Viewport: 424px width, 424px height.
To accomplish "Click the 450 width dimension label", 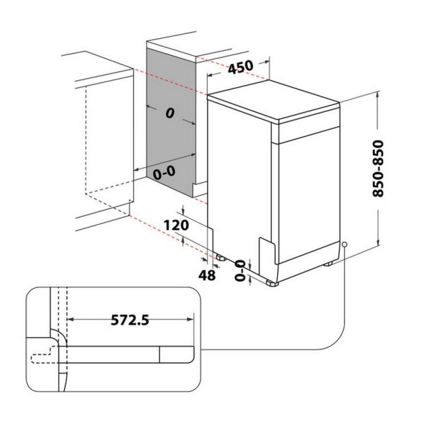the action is (x=241, y=67).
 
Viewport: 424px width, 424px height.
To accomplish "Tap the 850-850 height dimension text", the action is (x=378, y=168).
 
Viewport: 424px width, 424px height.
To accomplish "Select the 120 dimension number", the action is (x=176, y=225).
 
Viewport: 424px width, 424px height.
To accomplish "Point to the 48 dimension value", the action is (x=207, y=275).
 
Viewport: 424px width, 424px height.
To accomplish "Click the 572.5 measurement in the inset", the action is (x=130, y=320).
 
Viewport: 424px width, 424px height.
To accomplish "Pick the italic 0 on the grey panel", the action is (x=170, y=113).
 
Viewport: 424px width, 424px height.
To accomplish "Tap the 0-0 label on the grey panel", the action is (x=164, y=173).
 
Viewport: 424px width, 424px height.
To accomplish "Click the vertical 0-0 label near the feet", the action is (x=240, y=270).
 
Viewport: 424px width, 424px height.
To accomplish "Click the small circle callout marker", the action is (x=344, y=244).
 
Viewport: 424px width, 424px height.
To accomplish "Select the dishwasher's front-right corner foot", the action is (x=272, y=283).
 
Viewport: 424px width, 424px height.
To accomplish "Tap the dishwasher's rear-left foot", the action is (x=221, y=258).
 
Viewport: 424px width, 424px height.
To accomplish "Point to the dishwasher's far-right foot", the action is (x=328, y=263).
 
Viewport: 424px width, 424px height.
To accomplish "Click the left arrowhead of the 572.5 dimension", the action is (x=70, y=320).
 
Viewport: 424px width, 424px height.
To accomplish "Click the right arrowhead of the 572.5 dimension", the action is (x=190, y=320).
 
